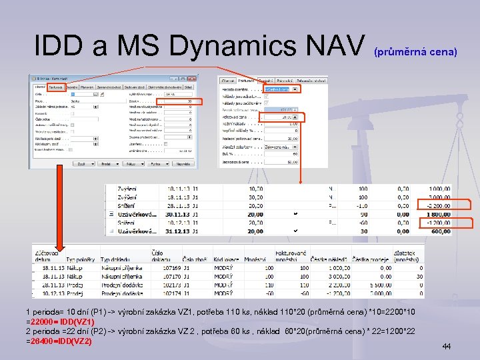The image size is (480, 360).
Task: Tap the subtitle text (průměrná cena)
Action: tap(415, 51)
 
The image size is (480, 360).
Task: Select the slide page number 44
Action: tap(447, 347)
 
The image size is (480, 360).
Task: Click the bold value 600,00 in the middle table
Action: tap(439, 232)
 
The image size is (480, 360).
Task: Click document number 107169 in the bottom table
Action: tap(163, 267)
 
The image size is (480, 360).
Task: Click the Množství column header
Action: tap(255, 258)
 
